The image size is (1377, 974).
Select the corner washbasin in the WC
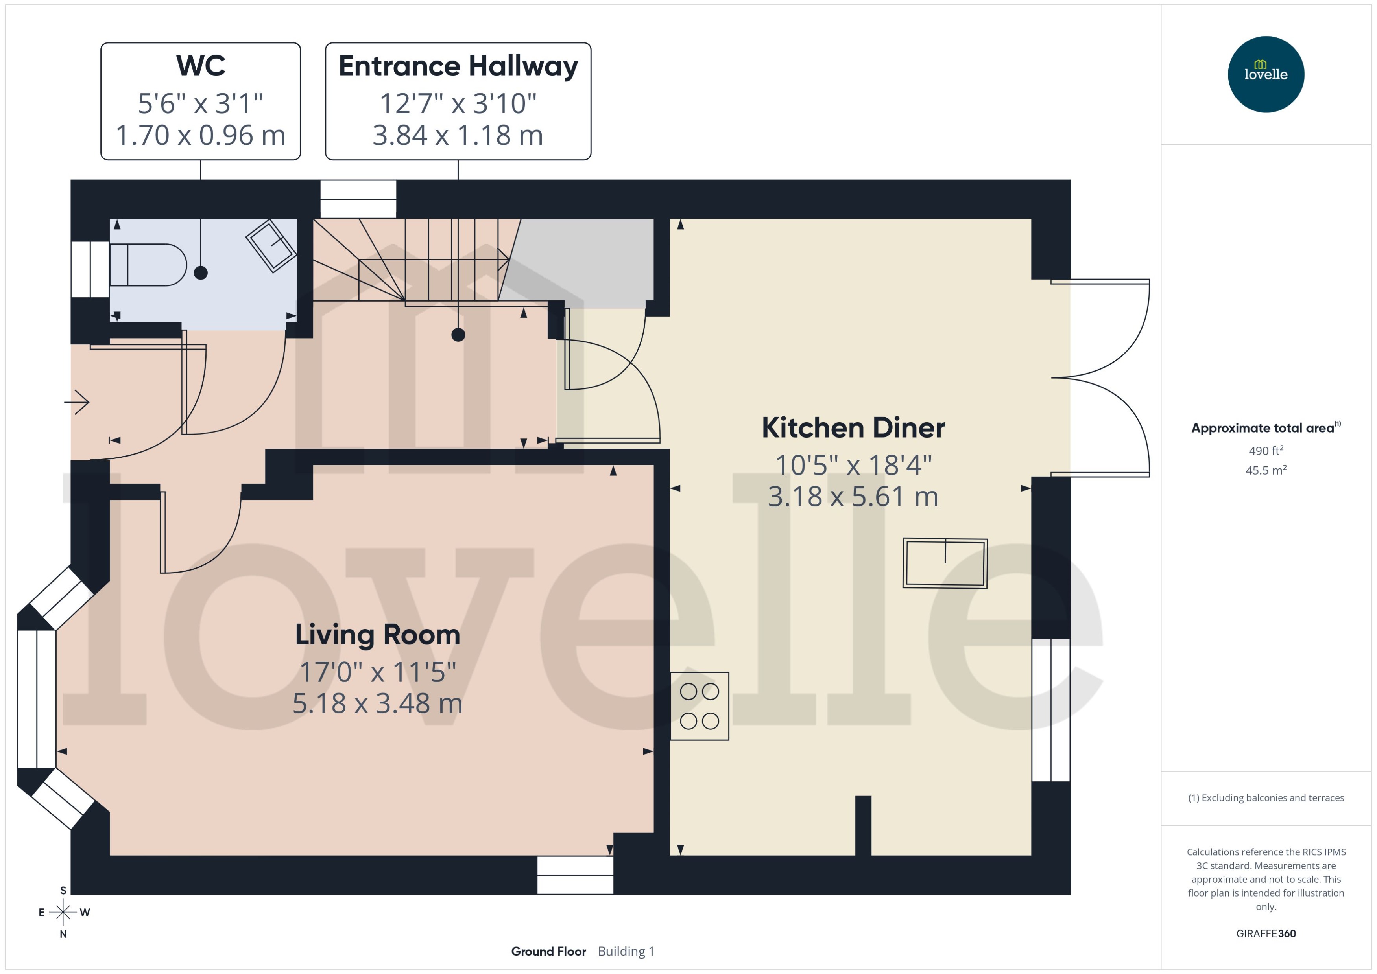(x=271, y=246)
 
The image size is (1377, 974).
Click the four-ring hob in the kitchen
(x=699, y=706)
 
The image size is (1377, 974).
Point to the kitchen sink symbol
(x=945, y=563)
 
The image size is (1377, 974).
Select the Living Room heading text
(x=377, y=635)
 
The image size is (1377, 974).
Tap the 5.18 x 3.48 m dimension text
(x=377, y=703)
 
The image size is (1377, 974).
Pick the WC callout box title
(x=200, y=65)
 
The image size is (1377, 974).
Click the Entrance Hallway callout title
(x=458, y=65)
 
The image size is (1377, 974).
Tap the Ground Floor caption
(x=548, y=951)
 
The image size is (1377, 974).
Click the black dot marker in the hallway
(x=458, y=335)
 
